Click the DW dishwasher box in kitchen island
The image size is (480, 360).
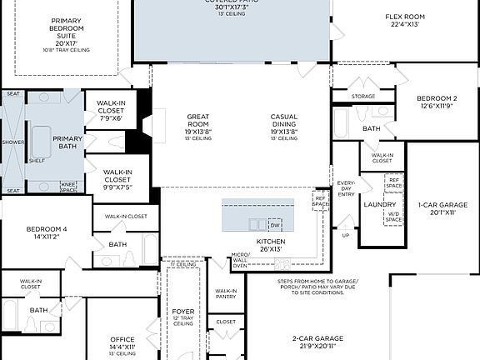point(275,225)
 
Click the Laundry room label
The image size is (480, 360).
point(380,204)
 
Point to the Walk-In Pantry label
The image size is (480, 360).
point(226,293)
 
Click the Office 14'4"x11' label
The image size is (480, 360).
point(122,342)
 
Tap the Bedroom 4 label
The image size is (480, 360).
point(46,232)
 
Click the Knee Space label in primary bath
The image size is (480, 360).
point(69,187)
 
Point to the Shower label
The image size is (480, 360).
point(12,142)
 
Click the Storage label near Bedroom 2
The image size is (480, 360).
point(363,97)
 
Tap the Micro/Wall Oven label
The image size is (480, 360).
point(241,260)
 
